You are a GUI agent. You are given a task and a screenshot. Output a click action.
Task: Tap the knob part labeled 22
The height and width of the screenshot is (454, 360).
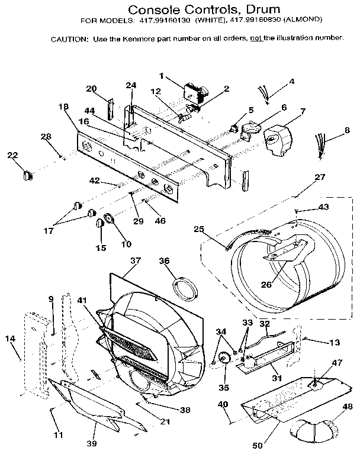coord(26,174)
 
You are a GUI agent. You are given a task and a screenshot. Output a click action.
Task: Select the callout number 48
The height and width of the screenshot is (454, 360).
coord(347,407)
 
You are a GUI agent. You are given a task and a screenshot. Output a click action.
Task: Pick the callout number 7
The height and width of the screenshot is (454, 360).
coord(303,111)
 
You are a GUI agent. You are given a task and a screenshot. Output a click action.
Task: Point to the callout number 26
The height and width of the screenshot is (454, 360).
coord(266,284)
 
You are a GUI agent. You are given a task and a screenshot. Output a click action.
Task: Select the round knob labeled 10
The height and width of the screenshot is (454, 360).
coord(110,220)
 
